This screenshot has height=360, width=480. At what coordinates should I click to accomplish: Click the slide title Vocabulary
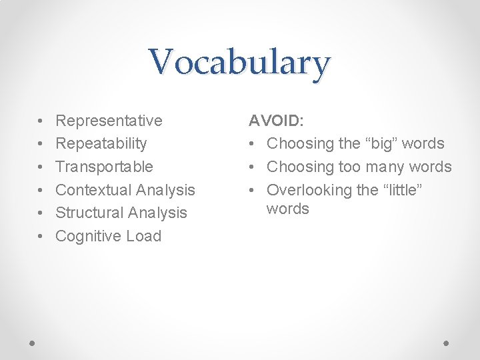239,62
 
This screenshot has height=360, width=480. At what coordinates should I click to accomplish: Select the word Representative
109,121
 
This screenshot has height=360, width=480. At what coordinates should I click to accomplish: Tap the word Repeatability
101,143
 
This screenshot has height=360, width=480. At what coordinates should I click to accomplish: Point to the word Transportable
104,167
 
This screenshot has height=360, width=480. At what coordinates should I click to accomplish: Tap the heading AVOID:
276,121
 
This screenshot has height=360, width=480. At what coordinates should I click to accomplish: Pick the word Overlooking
309,190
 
